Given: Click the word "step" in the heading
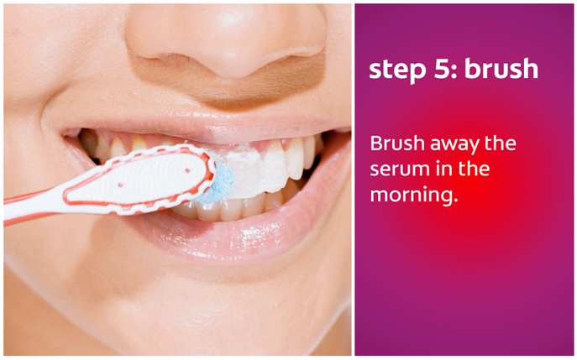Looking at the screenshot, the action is point(396,70).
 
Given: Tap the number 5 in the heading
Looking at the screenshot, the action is point(441,68).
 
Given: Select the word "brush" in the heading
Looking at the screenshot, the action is point(501,68).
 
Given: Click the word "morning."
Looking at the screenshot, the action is point(414,196).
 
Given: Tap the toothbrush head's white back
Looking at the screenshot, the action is point(139,178).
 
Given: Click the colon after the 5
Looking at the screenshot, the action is point(454,71).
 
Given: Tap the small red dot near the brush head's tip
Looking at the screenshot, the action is point(187,170).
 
